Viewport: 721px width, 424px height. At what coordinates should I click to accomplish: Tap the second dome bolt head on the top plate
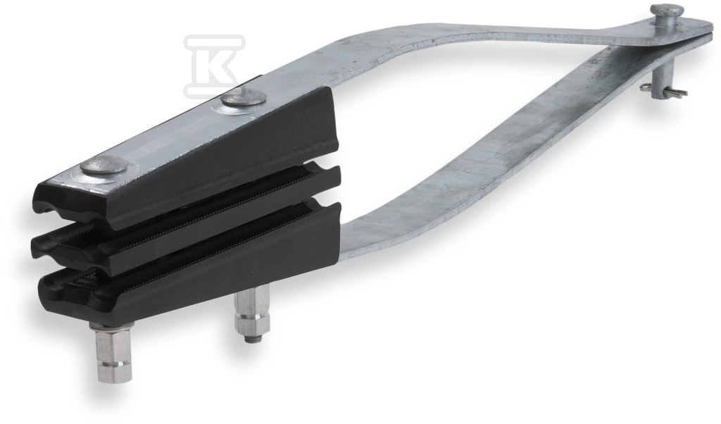pos(244,99)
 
